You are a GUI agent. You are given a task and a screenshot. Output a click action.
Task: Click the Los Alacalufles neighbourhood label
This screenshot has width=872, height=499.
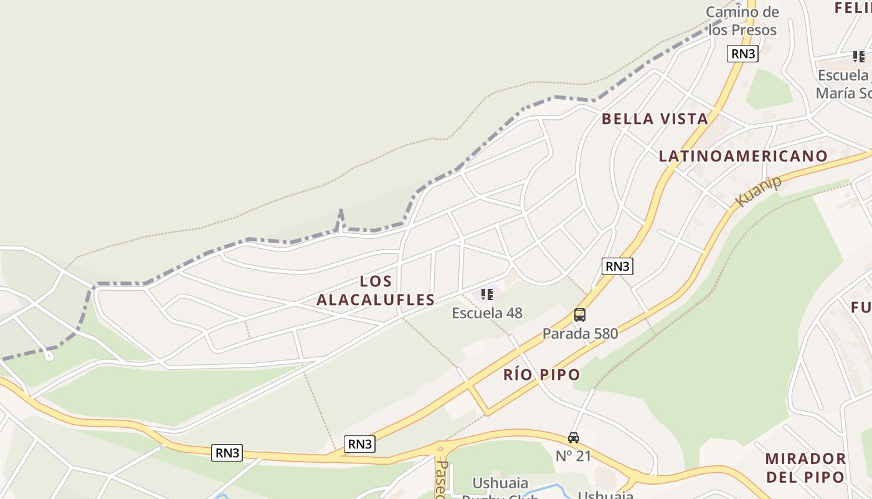pyautogui.click(x=376, y=291)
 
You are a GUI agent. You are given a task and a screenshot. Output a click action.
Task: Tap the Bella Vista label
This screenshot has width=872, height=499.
pyautogui.click(x=655, y=119)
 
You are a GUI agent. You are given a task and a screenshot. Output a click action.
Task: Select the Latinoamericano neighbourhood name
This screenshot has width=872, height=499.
pyautogui.click(x=743, y=156)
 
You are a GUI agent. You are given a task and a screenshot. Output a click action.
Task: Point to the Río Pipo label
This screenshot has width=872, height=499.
pyautogui.click(x=542, y=375)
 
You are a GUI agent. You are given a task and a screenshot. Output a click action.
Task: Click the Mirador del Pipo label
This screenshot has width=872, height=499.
pyautogui.click(x=805, y=468)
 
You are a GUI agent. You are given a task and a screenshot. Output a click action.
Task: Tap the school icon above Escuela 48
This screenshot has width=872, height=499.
pyautogui.click(x=487, y=294)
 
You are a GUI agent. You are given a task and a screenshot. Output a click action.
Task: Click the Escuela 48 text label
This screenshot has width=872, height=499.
pyautogui.click(x=487, y=313)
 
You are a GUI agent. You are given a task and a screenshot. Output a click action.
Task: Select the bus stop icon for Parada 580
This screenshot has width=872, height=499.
pyautogui.click(x=580, y=315)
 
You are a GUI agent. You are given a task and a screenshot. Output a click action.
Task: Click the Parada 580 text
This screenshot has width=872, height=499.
pyautogui.click(x=580, y=334)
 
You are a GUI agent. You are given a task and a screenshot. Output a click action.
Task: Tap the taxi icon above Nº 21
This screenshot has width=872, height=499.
pyautogui.click(x=574, y=438)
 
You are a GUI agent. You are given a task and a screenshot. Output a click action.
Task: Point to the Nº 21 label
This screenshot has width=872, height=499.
pyautogui.click(x=573, y=456)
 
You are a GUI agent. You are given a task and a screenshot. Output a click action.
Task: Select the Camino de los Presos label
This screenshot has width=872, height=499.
pyautogui.click(x=742, y=21)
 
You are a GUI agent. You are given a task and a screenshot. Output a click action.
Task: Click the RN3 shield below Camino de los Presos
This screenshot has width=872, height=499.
pyautogui.click(x=742, y=54)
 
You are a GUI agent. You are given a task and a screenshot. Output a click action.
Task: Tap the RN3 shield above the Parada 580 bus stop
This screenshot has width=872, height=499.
pyautogui.click(x=617, y=266)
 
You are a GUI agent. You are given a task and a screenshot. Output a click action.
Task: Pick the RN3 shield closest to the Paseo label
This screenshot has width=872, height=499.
pyautogui.click(x=360, y=444)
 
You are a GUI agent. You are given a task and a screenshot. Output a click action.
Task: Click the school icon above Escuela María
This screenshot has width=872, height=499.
pyautogui.click(x=859, y=57)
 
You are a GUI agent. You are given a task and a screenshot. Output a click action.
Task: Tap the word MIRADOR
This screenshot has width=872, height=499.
pyautogui.click(x=805, y=459)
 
